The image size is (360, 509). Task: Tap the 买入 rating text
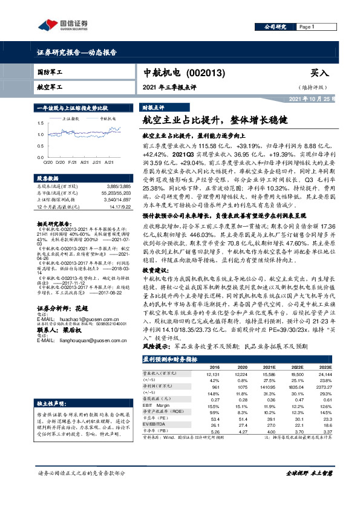click(x=319, y=73)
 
